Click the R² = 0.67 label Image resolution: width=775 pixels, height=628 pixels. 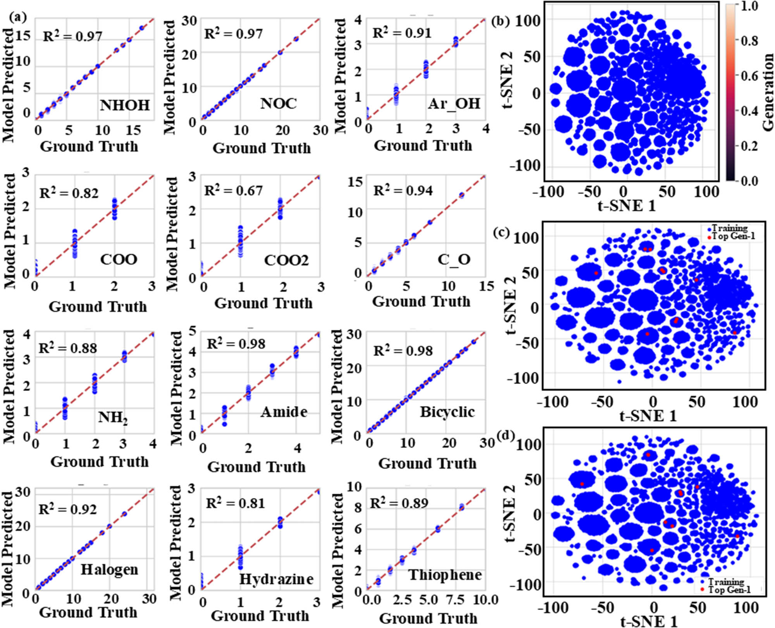[233, 190]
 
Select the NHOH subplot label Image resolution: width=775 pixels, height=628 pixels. [125, 105]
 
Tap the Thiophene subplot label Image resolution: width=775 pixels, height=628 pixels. [445, 575]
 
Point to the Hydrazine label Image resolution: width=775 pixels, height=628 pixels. [276, 579]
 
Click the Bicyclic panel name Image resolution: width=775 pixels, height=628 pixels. [447, 412]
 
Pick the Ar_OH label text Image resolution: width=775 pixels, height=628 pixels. [454, 103]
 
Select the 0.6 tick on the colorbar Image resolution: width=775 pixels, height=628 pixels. [749, 76]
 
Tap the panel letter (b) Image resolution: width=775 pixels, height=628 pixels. [500, 21]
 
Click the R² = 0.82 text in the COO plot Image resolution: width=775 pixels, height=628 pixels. [69, 192]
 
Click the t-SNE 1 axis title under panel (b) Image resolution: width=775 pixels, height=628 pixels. [627, 206]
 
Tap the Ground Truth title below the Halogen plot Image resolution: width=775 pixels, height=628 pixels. [88, 612]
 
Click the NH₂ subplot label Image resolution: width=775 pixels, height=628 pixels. [112, 417]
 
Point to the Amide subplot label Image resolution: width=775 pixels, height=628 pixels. [284, 412]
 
